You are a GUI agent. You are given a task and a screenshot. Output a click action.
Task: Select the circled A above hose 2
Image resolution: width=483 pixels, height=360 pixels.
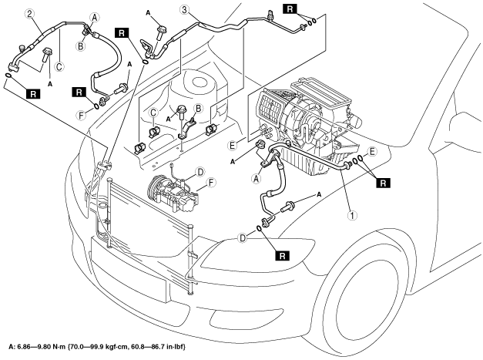94,16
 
